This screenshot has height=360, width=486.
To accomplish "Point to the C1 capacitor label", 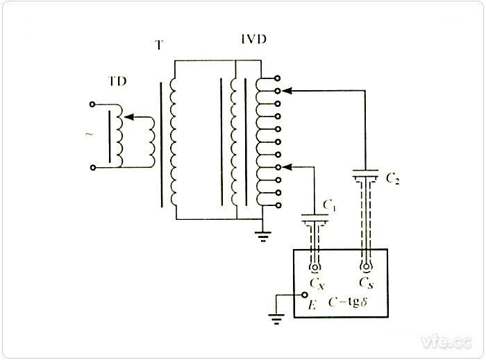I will point(330,206).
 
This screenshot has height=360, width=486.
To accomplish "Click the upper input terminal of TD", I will point(93,105).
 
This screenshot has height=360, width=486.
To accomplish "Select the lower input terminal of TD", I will point(93,167).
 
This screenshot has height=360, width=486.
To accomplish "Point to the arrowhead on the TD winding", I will point(133,119).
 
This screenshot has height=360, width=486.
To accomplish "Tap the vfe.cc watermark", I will point(444,341).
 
